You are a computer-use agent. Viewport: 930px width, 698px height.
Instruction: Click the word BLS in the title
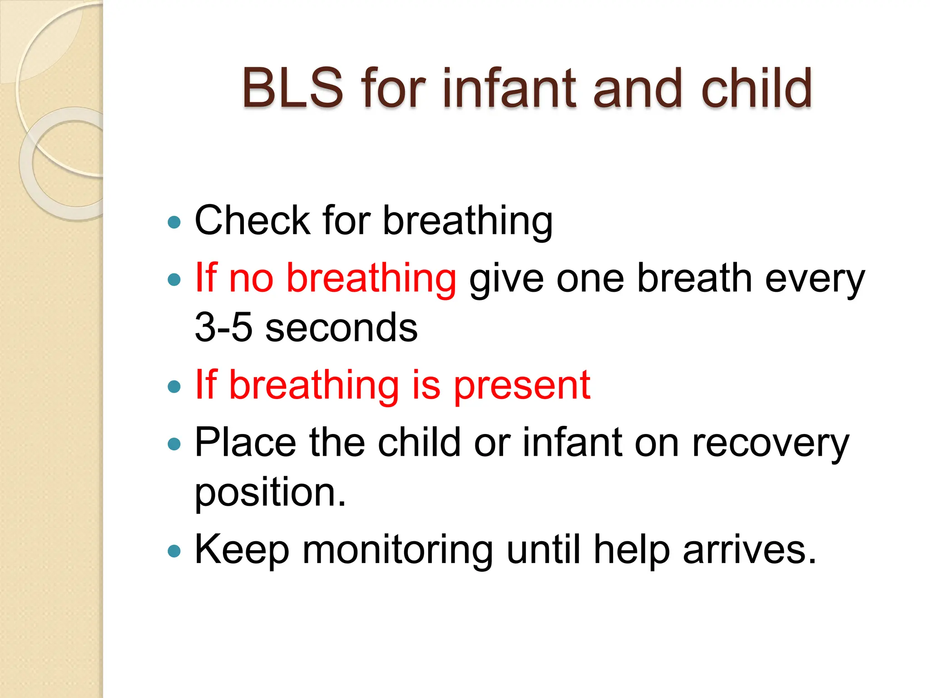tap(292, 88)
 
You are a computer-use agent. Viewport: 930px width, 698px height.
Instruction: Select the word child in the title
tap(756, 88)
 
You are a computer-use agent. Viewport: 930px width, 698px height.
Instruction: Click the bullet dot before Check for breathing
tap(174, 222)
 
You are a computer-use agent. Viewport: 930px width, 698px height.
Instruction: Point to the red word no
tap(251, 278)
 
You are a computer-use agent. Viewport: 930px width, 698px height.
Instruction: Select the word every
tap(815, 278)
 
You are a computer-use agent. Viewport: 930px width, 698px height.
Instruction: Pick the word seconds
tap(341, 327)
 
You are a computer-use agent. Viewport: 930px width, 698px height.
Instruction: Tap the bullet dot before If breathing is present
tap(174, 387)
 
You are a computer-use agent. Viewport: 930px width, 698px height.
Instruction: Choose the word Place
tap(246, 442)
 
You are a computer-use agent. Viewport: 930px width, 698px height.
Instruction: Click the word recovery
tap(770, 442)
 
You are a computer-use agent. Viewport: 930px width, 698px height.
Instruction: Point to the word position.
tap(270, 492)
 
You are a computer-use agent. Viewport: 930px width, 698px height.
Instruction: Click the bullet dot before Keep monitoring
tap(174, 552)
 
